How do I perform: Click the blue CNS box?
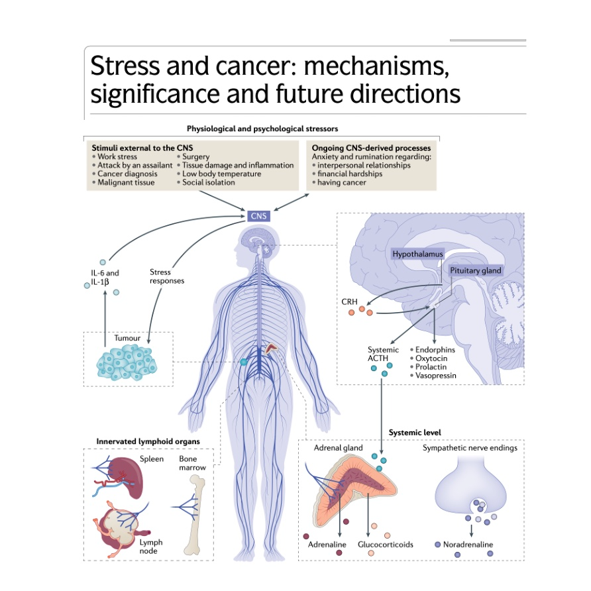[x=258, y=215]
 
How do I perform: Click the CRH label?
[x=349, y=301]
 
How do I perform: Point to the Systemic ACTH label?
[x=384, y=354]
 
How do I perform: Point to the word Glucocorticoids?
[x=386, y=545]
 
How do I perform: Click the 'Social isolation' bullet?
[x=208, y=182]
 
